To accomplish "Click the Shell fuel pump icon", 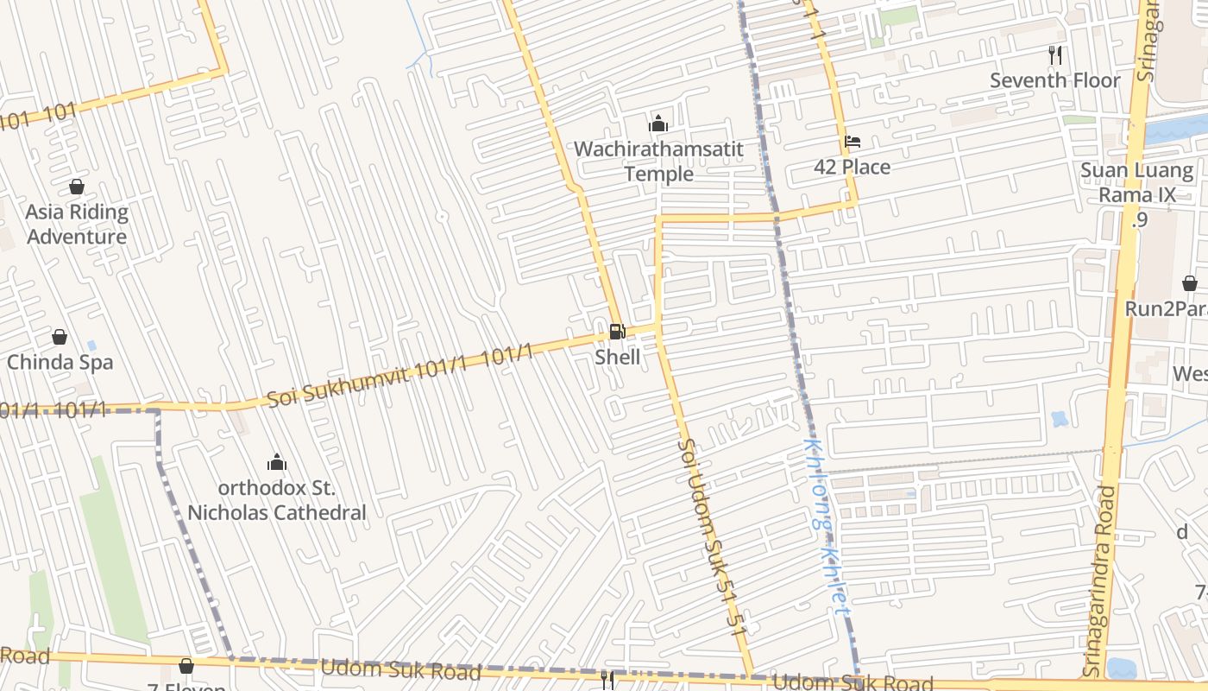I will (617, 331).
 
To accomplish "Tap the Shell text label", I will (618, 357).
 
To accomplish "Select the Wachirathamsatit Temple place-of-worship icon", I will (658, 124).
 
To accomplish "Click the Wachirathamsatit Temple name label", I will (658, 162).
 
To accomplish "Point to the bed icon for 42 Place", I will (852, 142).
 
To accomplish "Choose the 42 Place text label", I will (852, 168).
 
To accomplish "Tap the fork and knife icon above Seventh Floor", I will (1054, 54).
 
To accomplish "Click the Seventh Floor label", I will (1054, 80).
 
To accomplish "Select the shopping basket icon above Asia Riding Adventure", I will (77, 187).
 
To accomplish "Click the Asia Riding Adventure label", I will (77, 225).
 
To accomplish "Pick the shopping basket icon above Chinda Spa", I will (60, 337).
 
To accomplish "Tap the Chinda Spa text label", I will (60, 362).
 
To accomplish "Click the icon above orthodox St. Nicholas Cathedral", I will (276, 462).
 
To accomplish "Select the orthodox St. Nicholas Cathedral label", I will (276, 500).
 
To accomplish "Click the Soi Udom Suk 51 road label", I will (712, 536).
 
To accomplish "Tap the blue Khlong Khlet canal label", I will (826, 527).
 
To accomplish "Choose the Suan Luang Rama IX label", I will (1136, 182).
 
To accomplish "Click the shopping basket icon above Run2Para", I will (1189, 283).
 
